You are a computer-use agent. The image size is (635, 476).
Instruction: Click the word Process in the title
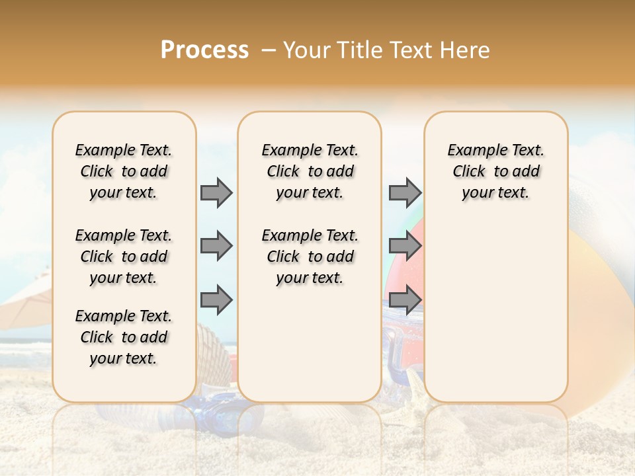click(204, 50)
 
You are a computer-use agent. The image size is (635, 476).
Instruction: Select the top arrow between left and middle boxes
click(216, 192)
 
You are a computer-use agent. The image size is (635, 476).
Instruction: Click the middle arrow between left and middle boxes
click(216, 246)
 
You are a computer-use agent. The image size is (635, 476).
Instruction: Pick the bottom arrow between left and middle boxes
click(216, 299)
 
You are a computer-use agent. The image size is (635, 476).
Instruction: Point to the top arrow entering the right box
click(405, 192)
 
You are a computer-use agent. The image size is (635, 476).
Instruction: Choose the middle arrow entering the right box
click(405, 246)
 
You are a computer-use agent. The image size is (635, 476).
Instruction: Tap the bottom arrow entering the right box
click(405, 299)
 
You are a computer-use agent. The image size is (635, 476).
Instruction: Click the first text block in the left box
click(124, 171)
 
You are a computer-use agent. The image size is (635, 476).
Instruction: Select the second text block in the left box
click(124, 257)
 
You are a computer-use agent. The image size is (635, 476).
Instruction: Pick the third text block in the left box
click(124, 337)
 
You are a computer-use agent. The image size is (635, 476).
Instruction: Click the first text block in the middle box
click(310, 171)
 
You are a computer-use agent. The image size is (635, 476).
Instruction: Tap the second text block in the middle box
click(310, 257)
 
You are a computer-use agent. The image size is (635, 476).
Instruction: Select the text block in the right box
click(496, 171)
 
